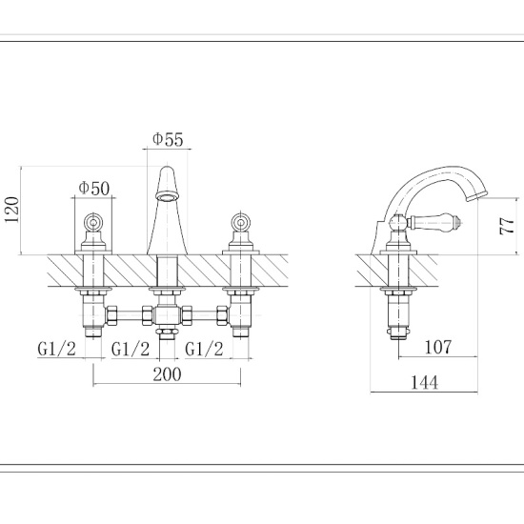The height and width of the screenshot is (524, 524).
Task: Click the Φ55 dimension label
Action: point(168,139)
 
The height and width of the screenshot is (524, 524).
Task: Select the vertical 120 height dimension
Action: point(12,210)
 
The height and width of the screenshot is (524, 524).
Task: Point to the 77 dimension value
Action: point(508,225)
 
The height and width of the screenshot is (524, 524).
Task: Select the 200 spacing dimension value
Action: point(167,373)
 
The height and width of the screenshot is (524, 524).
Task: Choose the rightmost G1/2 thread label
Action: point(204,348)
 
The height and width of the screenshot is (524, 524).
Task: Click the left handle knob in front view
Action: point(93,222)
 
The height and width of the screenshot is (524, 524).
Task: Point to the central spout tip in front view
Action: point(167,195)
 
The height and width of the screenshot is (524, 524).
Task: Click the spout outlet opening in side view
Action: point(476,196)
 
